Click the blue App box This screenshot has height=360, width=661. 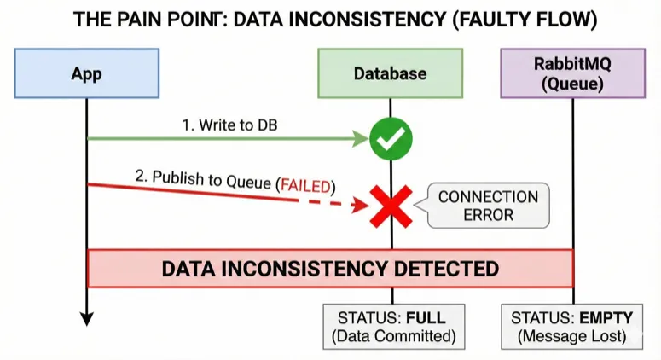pos(86,73)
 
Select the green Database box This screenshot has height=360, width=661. pos(390,73)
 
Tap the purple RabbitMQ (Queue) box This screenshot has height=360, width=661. pos(572,73)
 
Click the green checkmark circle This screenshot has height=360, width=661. pos(391,139)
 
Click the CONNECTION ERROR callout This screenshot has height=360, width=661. pos(488,206)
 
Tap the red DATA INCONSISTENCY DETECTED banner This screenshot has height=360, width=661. pos(330,269)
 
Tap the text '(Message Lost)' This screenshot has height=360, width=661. pos(572,336)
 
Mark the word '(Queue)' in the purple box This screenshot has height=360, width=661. pos(572,84)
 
